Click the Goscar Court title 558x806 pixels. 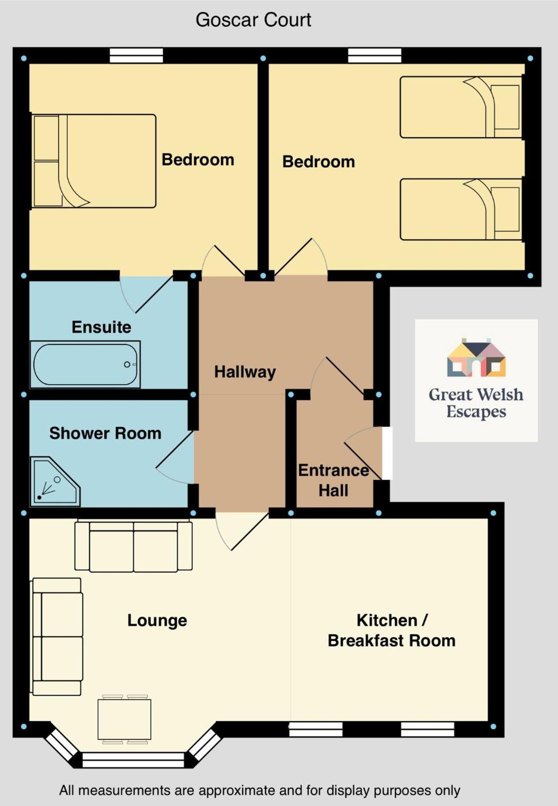[253, 20]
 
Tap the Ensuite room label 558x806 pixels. [102, 327]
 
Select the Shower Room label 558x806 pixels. [105, 433]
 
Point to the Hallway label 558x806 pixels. [245, 372]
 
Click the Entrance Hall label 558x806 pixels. [334, 480]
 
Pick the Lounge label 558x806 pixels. [157, 621]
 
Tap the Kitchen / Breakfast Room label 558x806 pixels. [392, 630]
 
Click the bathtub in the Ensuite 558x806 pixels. [85, 364]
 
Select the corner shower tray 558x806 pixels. [55, 482]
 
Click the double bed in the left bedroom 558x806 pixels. [94, 161]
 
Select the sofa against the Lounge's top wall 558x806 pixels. [133, 546]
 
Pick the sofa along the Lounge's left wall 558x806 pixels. [57, 637]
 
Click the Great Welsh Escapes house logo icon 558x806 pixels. [476, 358]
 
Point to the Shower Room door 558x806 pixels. [175, 458]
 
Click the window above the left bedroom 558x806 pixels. [136, 56]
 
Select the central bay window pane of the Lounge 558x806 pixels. [133, 760]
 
